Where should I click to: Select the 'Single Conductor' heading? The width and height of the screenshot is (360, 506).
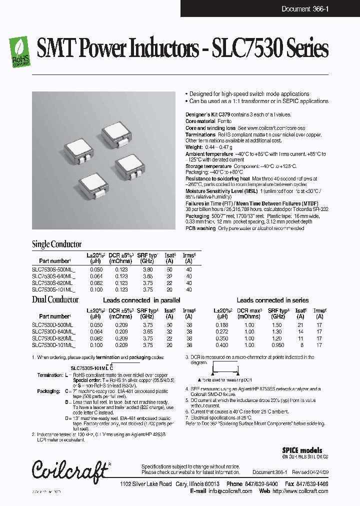(x=56, y=244)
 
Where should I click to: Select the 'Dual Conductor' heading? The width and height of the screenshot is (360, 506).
(x=55, y=300)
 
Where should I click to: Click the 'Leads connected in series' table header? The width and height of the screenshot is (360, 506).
(x=272, y=300)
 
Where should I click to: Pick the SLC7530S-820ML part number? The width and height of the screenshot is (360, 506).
(x=52, y=282)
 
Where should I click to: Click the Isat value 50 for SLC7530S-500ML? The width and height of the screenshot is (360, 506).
(x=169, y=269)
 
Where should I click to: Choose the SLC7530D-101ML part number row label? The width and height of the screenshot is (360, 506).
(x=53, y=344)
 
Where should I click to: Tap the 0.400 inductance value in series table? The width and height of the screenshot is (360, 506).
(x=222, y=344)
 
